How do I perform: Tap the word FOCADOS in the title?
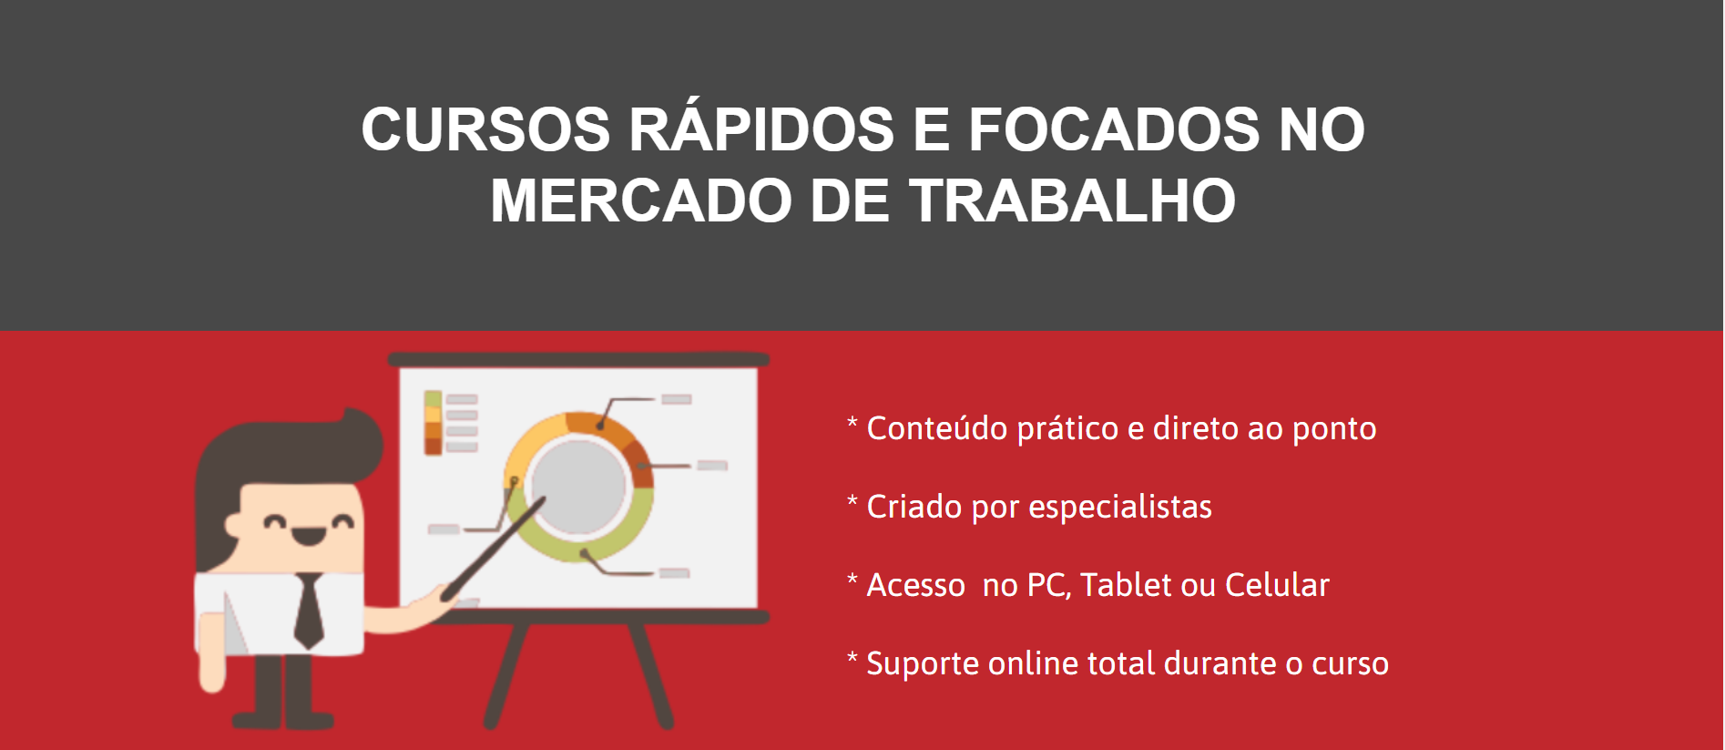pos(1114,129)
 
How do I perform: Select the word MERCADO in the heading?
pos(641,200)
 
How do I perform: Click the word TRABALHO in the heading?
pos(1072,200)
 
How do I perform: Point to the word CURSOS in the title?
pos(485,129)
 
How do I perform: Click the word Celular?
pos(1277,584)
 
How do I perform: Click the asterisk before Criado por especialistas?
pos(852,501)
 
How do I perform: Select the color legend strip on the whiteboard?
pos(433,422)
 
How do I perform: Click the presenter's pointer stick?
pos(493,549)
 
